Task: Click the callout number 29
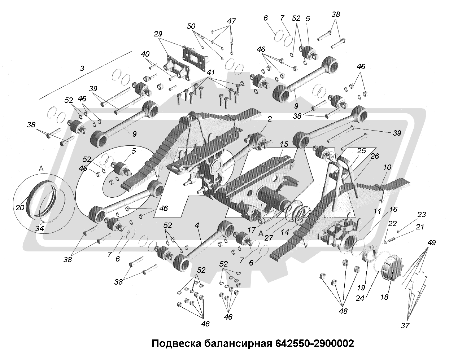pos(158,34)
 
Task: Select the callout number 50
pos(191,26)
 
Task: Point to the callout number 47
pos(231,21)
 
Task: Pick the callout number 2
pos(270,119)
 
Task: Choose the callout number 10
pos(387,167)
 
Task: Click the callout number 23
pos(422,215)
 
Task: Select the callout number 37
pos(405,325)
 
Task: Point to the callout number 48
pos(343,311)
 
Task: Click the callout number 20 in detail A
pos(19,207)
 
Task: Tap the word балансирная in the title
pos(237,343)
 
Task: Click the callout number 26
pos(375,156)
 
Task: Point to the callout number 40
pos(145,54)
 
